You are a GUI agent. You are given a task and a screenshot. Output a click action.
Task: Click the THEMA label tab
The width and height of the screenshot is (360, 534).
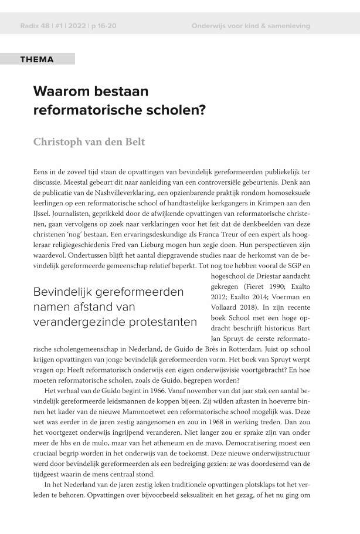[x=37, y=59]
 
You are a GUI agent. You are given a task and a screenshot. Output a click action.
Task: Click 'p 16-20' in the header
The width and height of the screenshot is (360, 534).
[x=104, y=26]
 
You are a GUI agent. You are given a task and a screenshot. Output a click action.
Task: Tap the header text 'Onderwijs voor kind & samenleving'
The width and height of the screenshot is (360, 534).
[x=250, y=26]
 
